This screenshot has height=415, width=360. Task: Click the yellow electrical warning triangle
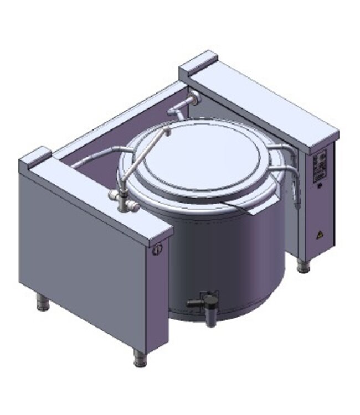319,234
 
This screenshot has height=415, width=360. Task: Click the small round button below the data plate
320,185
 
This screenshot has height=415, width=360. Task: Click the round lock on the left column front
157,250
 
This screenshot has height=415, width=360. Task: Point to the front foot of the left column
138,358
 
